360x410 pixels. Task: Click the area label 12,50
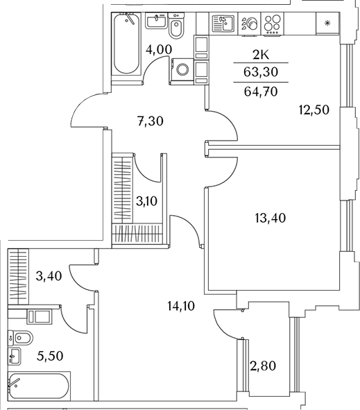coord(314,110)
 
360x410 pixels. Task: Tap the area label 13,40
coord(271,218)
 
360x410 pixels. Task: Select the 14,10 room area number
coord(181,306)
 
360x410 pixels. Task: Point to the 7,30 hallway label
coord(151,121)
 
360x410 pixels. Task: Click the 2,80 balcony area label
coord(263,366)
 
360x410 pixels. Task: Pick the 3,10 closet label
coord(146,202)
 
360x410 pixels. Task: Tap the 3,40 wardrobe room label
coord(49,276)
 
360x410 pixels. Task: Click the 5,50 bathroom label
coord(50,356)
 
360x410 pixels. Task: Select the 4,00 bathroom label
coord(159,49)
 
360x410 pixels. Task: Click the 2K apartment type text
coord(261,55)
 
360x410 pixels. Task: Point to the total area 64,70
coord(261,92)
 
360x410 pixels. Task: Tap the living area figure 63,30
coord(261,72)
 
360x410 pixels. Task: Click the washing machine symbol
coord(182,70)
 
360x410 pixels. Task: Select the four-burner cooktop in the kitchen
coord(273,24)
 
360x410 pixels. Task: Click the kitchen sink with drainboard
coord(223,24)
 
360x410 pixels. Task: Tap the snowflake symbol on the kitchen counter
coord(327,24)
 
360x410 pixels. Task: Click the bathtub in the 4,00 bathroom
coord(126,44)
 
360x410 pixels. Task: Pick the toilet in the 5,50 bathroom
coord(20,339)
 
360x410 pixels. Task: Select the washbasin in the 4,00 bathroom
coord(156,21)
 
